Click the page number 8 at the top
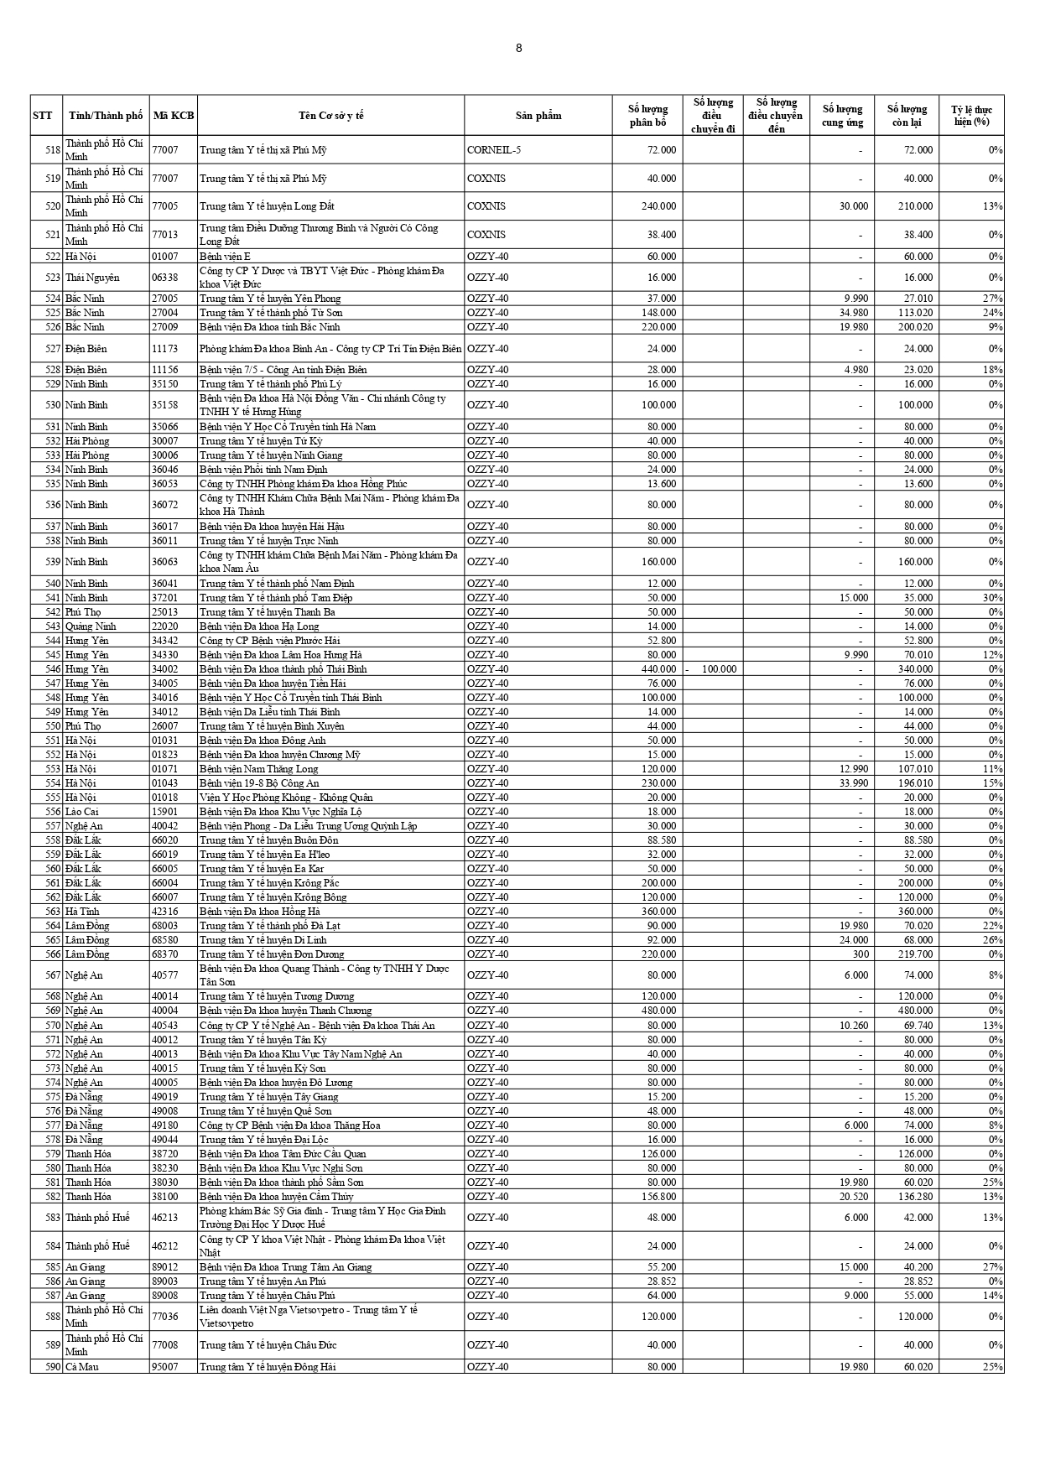(518, 48)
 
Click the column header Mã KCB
(174, 116)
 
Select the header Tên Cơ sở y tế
(330, 116)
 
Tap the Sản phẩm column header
(538, 116)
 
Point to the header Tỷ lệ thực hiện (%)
(971, 116)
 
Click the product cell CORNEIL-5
(494, 150)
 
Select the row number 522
(52, 257)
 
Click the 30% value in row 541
(993, 598)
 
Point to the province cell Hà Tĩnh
(83, 912)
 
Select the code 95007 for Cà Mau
(165, 1367)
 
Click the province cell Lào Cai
(82, 812)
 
